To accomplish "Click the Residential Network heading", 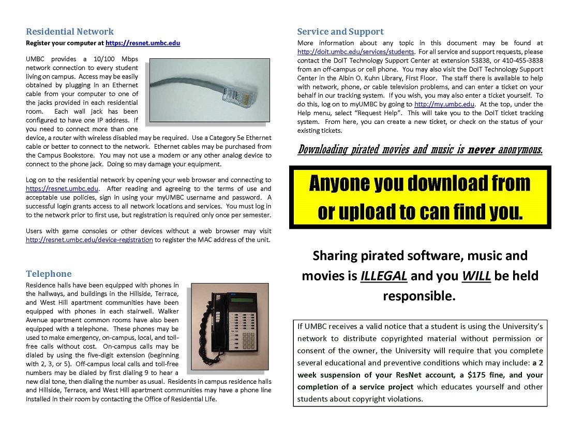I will pos(70,32).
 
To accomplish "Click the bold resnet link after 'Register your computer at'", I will pos(143,43).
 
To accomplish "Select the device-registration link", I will pos(89,240).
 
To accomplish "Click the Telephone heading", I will pos(49,274).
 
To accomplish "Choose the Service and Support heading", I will pos(340,32).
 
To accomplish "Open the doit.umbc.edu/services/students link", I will pos(356,52).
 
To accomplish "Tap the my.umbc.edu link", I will pos(444,104).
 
